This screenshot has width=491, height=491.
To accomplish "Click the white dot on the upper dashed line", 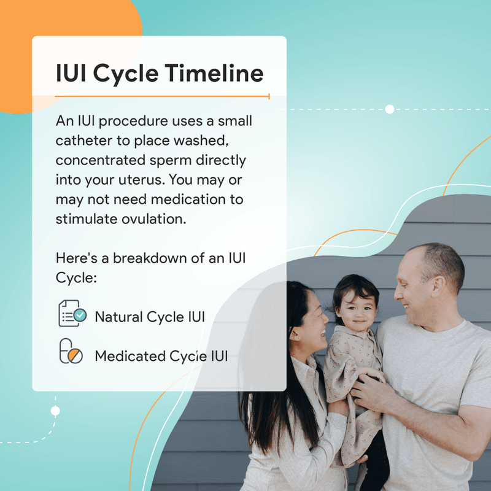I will pyautogui.click(x=389, y=109).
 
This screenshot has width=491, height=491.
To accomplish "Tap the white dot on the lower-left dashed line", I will pyautogui.click(x=55, y=410).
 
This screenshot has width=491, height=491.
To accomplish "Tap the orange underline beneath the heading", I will pyautogui.click(x=162, y=96).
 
